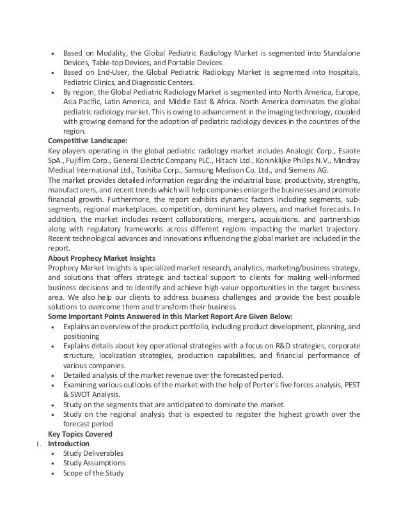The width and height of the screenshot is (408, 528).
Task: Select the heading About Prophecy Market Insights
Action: click(102, 257)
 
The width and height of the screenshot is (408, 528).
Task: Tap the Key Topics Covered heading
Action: click(80, 433)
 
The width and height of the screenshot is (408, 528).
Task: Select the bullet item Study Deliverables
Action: click(94, 453)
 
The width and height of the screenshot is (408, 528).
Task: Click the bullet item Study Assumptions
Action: click(94, 463)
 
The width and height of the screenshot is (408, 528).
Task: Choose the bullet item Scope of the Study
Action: click(94, 473)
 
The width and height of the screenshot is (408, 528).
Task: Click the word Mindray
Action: click(345, 161)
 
